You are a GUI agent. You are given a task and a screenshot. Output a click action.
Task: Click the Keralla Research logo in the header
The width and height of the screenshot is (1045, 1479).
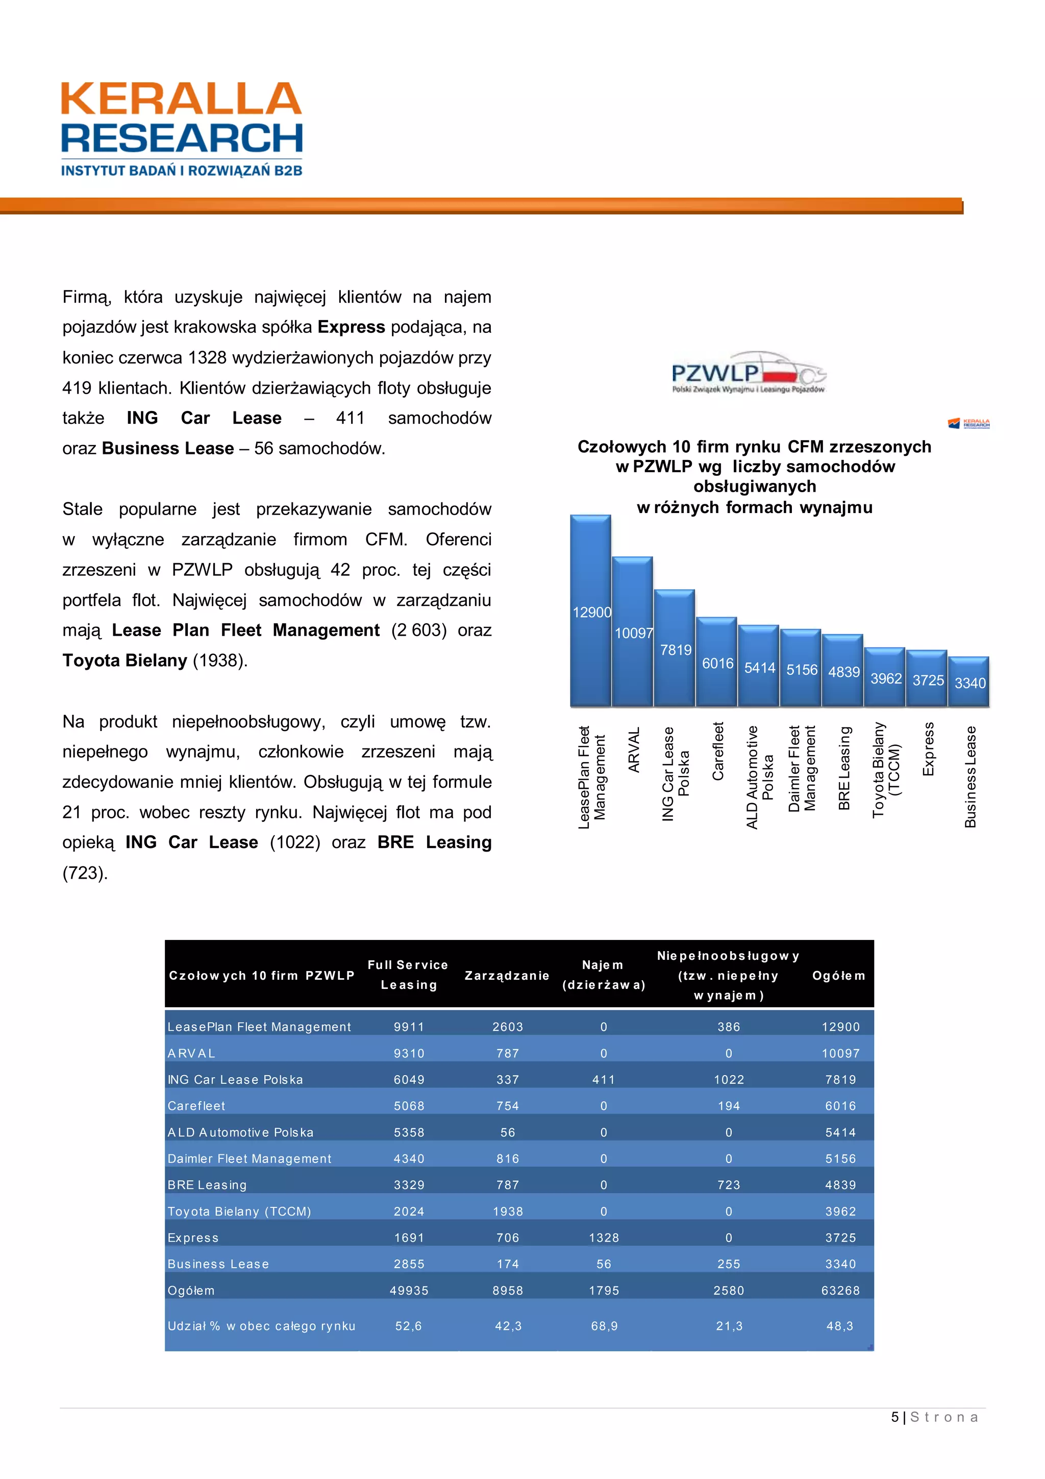click(x=182, y=129)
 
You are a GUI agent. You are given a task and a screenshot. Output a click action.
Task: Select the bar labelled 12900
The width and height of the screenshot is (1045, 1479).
click(x=590, y=611)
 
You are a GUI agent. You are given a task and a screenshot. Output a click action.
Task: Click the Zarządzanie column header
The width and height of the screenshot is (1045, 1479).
click(x=507, y=975)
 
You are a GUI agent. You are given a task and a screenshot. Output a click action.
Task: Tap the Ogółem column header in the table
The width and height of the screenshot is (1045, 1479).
click(x=838, y=975)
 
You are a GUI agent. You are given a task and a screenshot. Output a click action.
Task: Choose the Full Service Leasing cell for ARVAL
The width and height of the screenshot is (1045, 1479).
click(x=409, y=1053)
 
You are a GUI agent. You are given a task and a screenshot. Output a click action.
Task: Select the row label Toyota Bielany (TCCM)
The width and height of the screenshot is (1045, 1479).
click(x=239, y=1211)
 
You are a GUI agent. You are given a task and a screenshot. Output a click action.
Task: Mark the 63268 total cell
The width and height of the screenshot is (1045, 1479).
click(x=840, y=1290)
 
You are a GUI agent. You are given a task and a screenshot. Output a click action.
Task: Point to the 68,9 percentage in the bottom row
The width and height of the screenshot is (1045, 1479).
click(x=604, y=1326)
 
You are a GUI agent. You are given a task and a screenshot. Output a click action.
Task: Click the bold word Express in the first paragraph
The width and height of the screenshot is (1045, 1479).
click(x=351, y=327)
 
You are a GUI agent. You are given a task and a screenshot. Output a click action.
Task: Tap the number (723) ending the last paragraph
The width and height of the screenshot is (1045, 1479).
click(x=85, y=873)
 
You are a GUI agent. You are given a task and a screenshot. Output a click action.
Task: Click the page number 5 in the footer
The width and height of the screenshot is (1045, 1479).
click(x=894, y=1417)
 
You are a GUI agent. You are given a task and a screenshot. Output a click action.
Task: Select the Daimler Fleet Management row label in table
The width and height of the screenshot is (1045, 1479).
click(x=249, y=1158)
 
